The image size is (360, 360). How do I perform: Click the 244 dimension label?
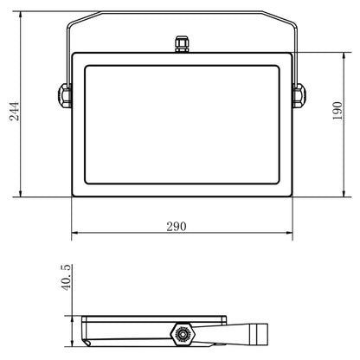point(14,111)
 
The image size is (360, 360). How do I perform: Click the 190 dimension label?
point(337,111)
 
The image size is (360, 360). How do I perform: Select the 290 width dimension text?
point(177,227)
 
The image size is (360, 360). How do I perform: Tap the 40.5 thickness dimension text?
point(66,277)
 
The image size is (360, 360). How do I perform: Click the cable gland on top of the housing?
point(182,44)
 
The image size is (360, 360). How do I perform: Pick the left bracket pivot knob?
point(65,95)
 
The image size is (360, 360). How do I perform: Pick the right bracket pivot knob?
point(299,95)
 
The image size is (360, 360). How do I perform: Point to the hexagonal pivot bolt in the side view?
point(183,334)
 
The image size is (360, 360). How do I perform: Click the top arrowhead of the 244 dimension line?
point(20,15)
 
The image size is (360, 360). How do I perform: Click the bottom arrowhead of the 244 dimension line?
point(20,194)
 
